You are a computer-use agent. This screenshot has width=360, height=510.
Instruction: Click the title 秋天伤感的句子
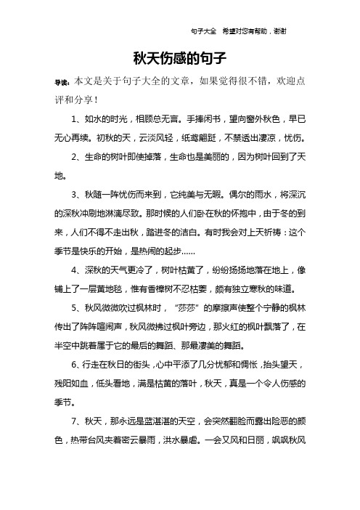tap(180, 57)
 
